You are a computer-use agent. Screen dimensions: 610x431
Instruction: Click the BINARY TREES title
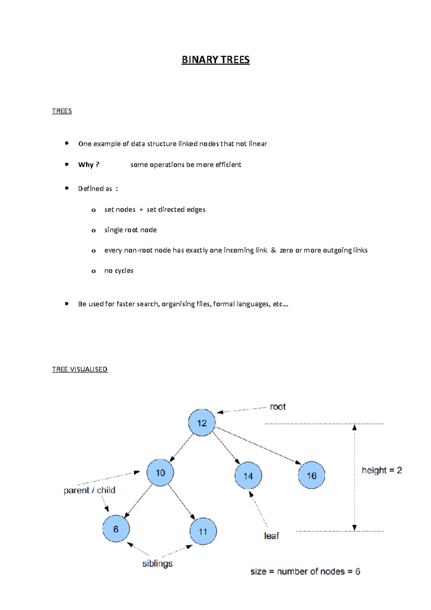point(215,60)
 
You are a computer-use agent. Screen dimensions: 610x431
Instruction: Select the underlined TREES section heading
point(62,111)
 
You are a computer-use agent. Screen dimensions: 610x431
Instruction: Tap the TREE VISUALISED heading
point(80,369)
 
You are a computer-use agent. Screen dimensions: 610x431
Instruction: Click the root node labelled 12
point(202,423)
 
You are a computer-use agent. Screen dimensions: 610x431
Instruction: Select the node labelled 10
point(160,472)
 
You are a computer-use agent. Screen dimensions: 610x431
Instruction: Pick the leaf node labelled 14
point(248,476)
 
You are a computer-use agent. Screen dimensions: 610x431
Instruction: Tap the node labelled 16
point(311,475)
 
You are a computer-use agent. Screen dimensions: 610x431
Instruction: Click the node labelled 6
point(116,529)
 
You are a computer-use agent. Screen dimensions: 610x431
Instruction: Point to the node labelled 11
point(203,531)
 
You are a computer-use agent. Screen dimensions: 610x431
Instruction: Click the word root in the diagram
point(278,407)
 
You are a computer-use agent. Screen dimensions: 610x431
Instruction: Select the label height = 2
point(381,470)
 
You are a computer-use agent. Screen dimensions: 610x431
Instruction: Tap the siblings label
point(157,563)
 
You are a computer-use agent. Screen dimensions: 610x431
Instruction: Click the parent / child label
point(89,490)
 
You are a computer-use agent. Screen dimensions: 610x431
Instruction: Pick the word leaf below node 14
point(271,536)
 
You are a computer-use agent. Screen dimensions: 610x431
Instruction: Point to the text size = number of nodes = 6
point(305,572)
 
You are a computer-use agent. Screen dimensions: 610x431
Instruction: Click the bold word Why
point(86,165)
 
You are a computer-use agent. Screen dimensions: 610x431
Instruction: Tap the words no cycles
point(119,271)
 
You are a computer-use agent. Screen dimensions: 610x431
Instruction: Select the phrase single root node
point(130,230)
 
